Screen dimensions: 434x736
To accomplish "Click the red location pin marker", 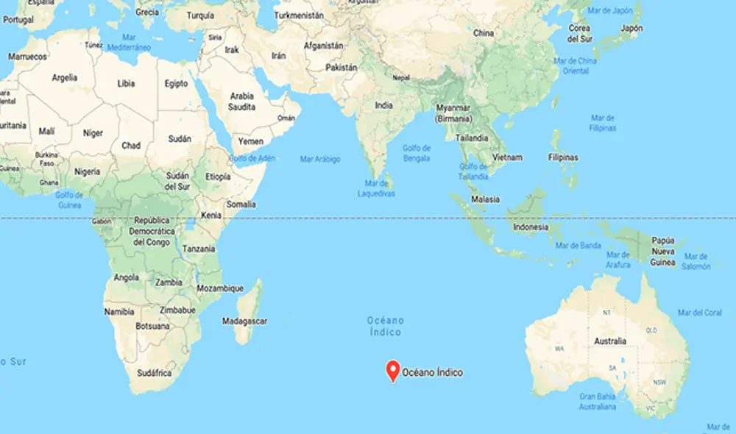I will tap(393, 370).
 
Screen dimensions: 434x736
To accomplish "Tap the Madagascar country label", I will tap(246, 321).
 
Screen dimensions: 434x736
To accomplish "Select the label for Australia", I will tap(610, 341).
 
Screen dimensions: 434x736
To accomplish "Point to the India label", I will tap(383, 105).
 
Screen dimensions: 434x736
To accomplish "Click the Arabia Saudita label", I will tap(242, 102).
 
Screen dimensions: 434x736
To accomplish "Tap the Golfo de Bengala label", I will tap(417, 153).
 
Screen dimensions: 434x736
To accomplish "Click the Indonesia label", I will tap(531, 227).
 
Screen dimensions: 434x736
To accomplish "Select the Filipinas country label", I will tap(562, 157).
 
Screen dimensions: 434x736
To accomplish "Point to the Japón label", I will tap(631, 28).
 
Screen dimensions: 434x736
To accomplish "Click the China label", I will tap(484, 33).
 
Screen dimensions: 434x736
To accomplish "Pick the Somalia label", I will tap(241, 204).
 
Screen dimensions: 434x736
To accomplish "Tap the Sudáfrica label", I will tap(154, 373).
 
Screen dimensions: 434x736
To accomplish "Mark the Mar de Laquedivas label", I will tap(376, 188).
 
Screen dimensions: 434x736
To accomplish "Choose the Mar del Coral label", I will tap(699, 313).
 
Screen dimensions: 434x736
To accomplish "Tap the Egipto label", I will tap(176, 84).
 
